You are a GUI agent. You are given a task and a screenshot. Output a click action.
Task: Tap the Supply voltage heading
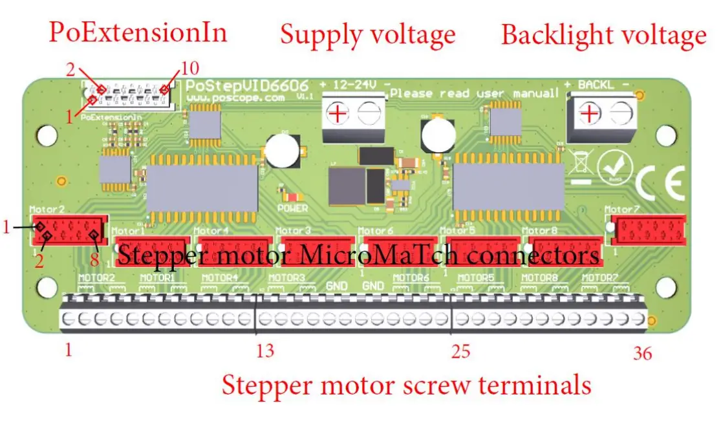pyautogui.click(x=367, y=34)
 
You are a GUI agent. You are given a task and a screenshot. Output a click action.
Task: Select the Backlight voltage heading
pyautogui.click(x=603, y=35)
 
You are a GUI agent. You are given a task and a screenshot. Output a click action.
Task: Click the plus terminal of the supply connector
pyautogui.click(x=338, y=114)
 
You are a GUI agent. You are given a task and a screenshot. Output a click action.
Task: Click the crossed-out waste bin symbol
pyautogui.click(x=580, y=165)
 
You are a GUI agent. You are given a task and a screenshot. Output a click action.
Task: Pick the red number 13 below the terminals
pyautogui.click(x=265, y=351)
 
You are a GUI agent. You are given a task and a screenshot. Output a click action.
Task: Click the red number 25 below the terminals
pyautogui.click(x=460, y=352)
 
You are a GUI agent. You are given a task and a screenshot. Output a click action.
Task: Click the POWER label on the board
pyautogui.click(x=292, y=208)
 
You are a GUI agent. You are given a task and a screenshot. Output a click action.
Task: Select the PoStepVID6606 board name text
pyautogui.click(x=246, y=86)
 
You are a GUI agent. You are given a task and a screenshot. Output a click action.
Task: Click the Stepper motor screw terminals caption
pyautogui.click(x=406, y=385)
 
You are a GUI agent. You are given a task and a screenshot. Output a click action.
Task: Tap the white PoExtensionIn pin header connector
pyautogui.click(x=129, y=97)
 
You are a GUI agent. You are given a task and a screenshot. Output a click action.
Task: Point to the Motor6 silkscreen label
pyautogui.click(x=376, y=230)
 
